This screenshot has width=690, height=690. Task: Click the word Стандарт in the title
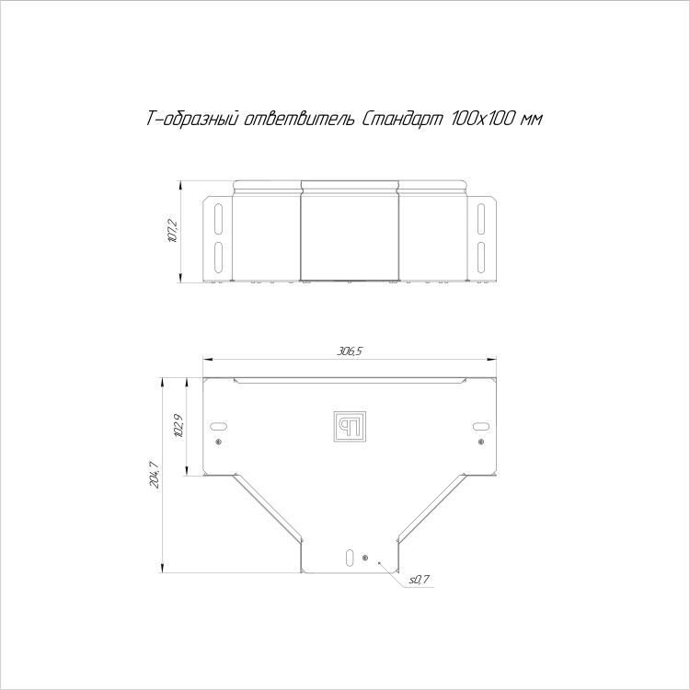click(x=402, y=119)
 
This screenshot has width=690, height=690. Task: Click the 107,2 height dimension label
click(x=173, y=232)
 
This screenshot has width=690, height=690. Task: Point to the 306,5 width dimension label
click(x=350, y=351)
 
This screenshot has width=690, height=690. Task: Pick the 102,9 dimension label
click(x=178, y=426)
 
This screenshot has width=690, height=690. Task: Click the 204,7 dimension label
click(x=155, y=474)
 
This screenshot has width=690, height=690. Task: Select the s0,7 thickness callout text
click(x=420, y=581)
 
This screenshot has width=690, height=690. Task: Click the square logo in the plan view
click(x=350, y=426)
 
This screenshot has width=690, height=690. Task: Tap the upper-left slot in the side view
click(x=218, y=219)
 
